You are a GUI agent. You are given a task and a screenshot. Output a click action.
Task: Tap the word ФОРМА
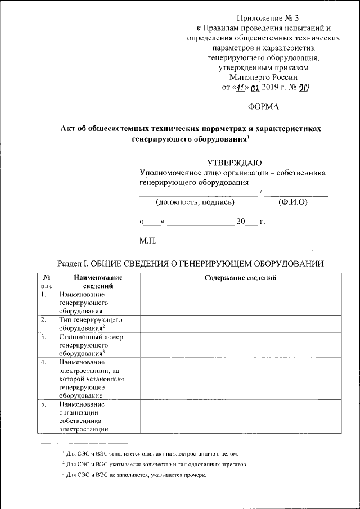coord(263,106)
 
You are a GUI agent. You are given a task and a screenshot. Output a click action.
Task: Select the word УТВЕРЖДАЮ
coord(234,163)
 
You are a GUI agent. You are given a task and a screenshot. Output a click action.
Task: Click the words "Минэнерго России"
coord(263,78)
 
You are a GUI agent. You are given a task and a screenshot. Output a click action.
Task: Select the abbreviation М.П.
coord(148,242)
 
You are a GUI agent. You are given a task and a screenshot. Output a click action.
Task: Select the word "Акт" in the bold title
coord(69,128)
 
